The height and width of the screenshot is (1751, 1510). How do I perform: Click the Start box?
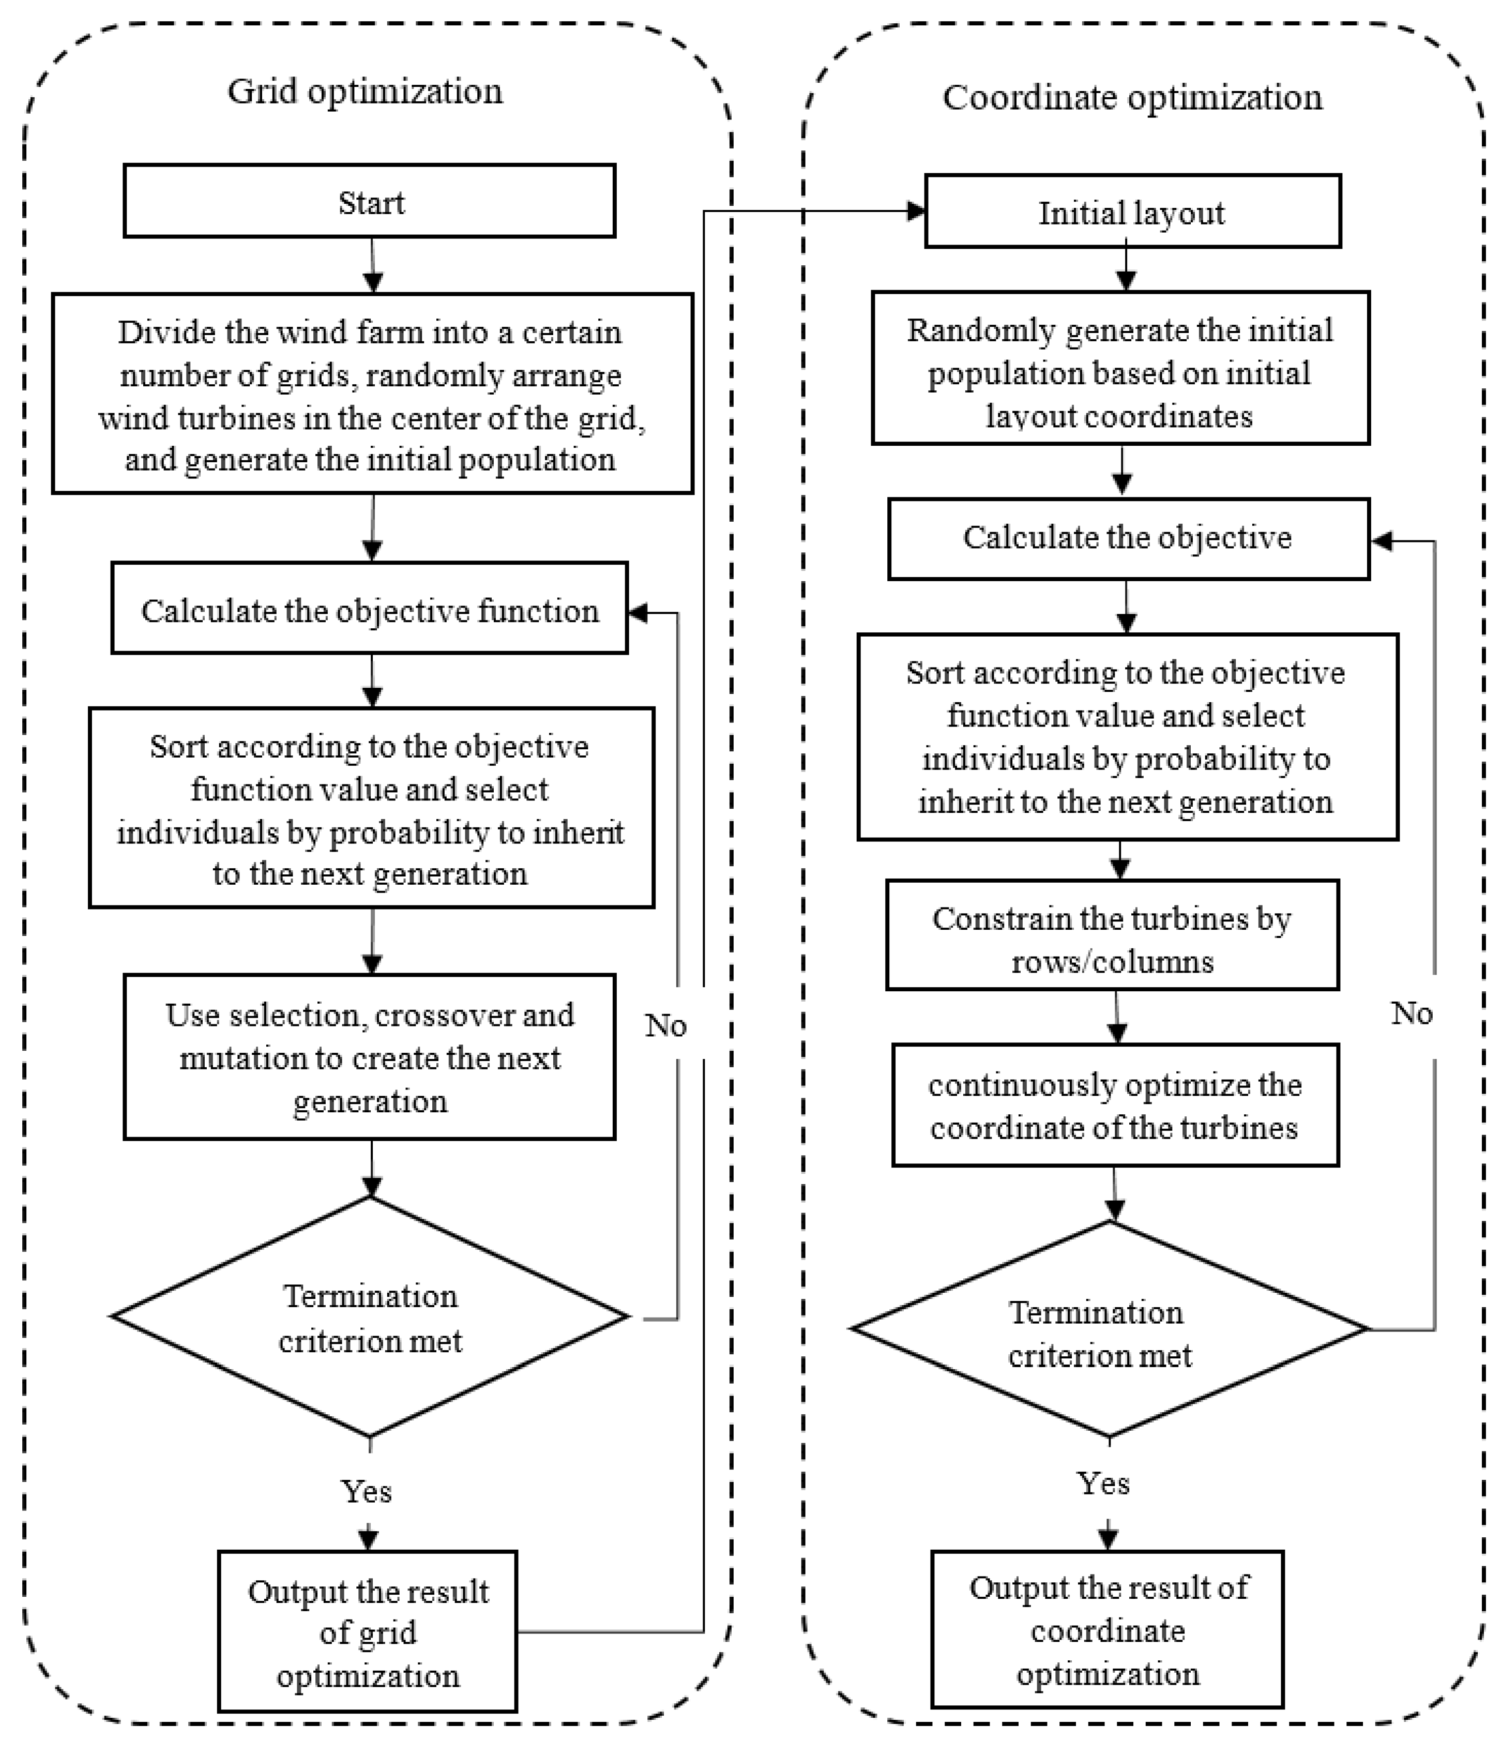[x=369, y=201]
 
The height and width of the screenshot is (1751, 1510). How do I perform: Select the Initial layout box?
[x=1132, y=211]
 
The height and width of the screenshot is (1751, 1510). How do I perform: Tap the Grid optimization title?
[x=365, y=91]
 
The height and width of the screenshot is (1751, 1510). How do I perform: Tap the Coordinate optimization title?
[x=1132, y=97]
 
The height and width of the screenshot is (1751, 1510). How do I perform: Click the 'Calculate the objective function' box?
[x=369, y=610]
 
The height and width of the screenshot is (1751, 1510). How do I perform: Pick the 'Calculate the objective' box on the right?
[x=1128, y=538]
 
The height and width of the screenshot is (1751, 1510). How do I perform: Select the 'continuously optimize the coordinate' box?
[x=1115, y=1105]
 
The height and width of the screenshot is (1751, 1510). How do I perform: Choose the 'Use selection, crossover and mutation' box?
[x=369, y=1057]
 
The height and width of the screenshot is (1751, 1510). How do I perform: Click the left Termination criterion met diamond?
[x=369, y=1318]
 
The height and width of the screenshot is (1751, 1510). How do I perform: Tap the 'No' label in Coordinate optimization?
[x=1412, y=1013]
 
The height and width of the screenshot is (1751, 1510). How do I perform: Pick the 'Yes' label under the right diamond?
[x=1103, y=1483]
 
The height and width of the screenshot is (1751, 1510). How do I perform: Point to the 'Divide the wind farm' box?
[x=372, y=394]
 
